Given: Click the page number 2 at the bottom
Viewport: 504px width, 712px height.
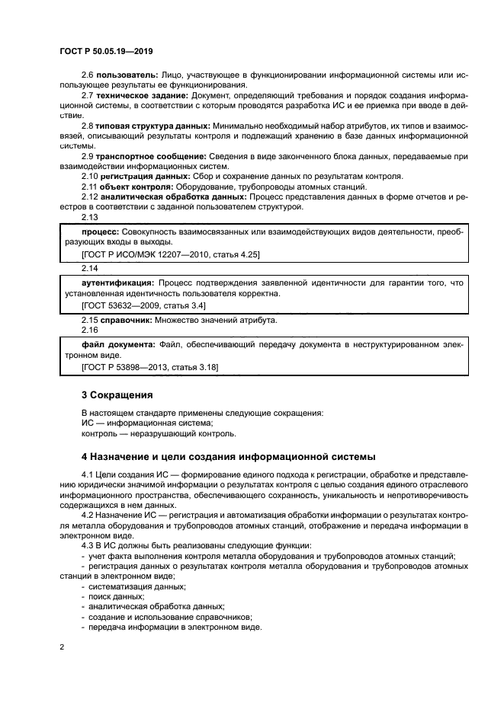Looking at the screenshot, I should click(62, 646).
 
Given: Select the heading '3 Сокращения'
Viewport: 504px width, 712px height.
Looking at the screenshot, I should click(117, 395).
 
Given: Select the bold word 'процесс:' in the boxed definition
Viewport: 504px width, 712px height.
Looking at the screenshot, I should click(99, 230).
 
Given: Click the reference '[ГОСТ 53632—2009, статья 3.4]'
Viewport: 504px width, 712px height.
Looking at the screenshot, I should click(143, 305).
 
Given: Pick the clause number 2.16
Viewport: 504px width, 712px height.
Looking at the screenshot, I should click(90, 330).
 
